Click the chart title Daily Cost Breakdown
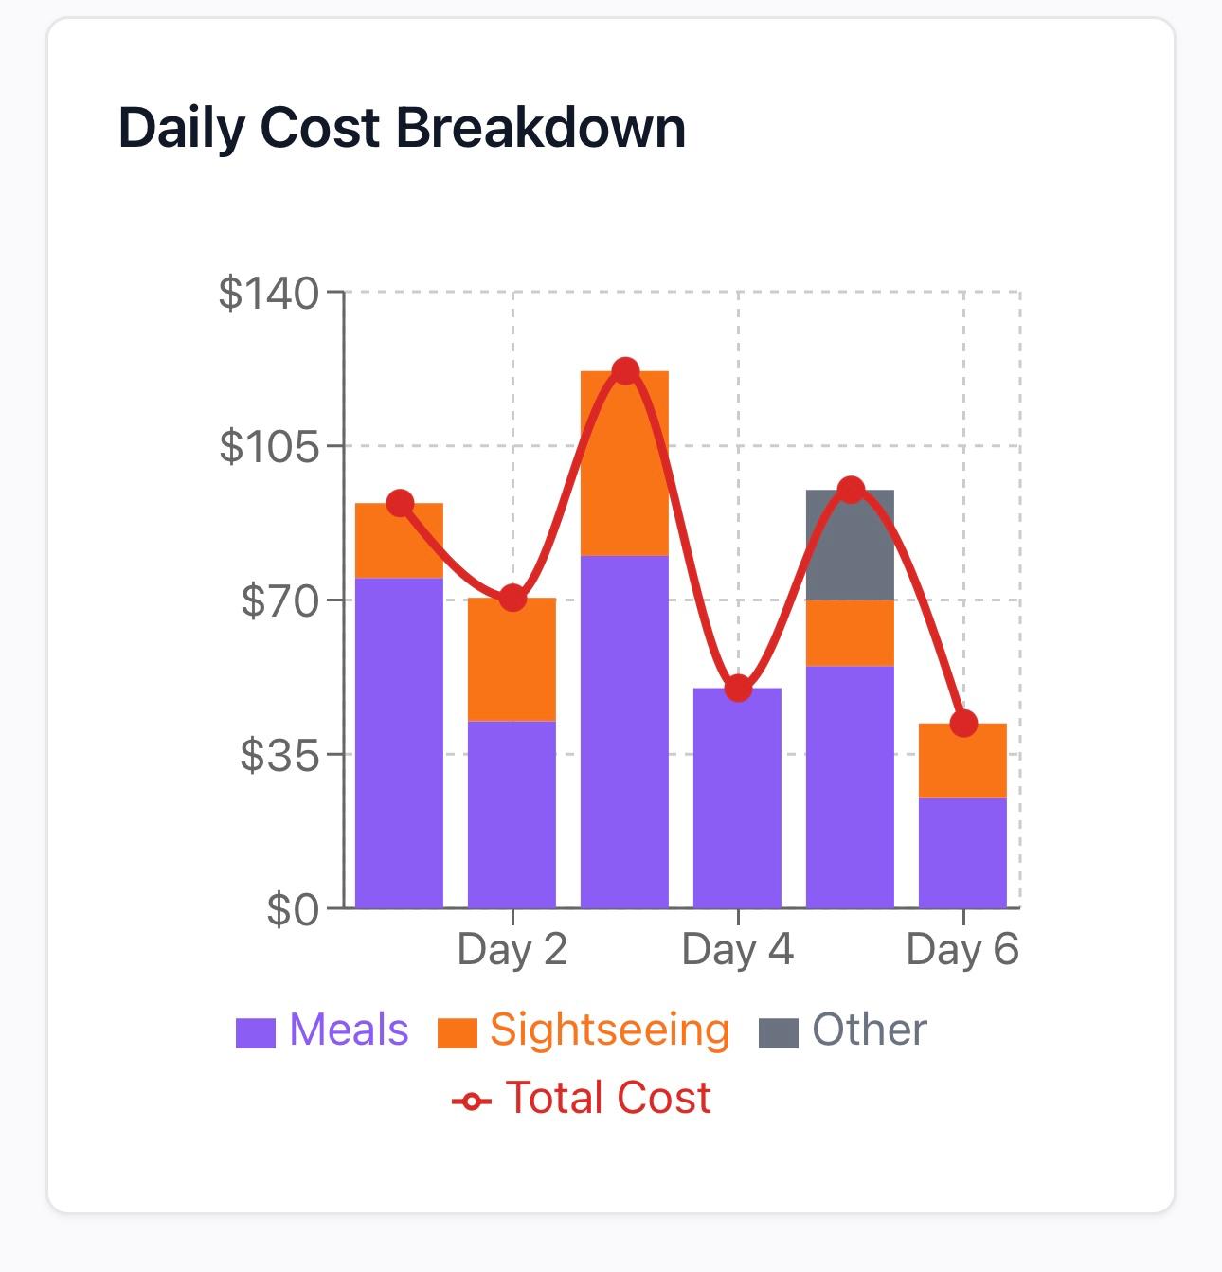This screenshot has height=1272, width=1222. pyautogui.click(x=402, y=128)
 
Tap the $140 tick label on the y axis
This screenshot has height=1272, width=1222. pyautogui.click(x=269, y=294)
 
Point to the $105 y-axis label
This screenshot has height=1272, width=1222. pyautogui.click(x=269, y=446)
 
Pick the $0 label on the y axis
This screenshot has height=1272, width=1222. pyautogui.click(x=293, y=909)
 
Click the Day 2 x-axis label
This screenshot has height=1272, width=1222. pyautogui.click(x=512, y=949)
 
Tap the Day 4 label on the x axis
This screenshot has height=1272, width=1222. pyautogui.click(x=737, y=949)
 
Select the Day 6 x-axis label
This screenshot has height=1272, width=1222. pyautogui.click(x=962, y=949)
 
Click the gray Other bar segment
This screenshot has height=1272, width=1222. pyautogui.click(x=850, y=546)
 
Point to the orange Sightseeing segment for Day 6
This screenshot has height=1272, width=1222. pyautogui.click(x=962, y=761)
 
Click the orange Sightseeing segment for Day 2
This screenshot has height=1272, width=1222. pyautogui.click(x=512, y=659)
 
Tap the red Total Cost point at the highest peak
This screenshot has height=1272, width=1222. pyautogui.click(x=624, y=371)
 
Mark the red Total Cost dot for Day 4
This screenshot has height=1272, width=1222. pyautogui.click(x=738, y=689)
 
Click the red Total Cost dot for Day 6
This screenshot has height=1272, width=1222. pyautogui.click(x=963, y=724)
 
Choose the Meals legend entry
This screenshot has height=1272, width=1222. pyautogui.click(x=323, y=1030)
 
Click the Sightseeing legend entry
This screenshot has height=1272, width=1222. pyautogui.click(x=584, y=1030)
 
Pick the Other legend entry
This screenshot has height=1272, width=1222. pyautogui.click(x=843, y=1030)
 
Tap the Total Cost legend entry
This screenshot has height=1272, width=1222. pyautogui.click(x=582, y=1098)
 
